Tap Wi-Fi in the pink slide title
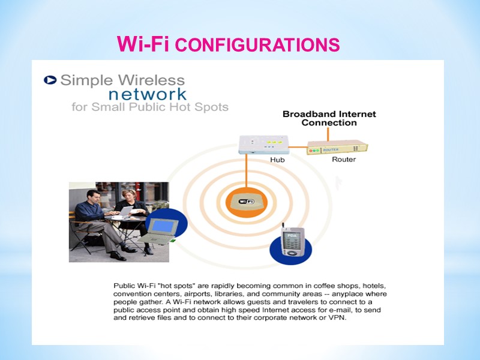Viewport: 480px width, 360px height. [143, 44]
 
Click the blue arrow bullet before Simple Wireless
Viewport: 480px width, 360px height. [51, 80]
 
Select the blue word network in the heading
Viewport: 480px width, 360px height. [147, 94]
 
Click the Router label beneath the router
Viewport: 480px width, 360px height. [344, 160]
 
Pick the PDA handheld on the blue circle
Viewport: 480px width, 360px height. [293, 244]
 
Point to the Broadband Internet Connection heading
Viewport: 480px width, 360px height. [329, 118]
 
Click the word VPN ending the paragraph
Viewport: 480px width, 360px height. [338, 319]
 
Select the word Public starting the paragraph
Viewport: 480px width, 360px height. [125, 286]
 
